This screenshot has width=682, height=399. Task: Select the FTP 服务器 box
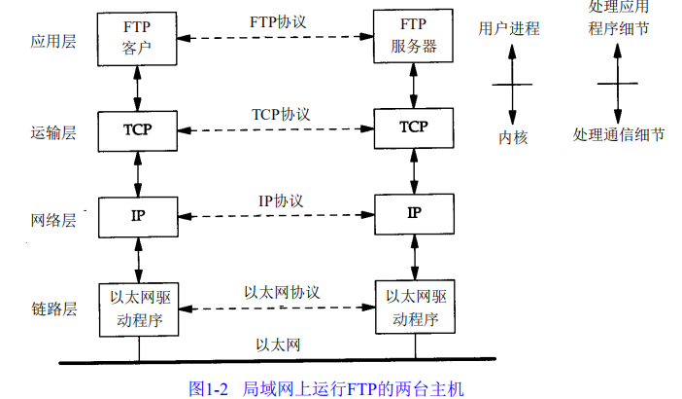[x=415, y=38]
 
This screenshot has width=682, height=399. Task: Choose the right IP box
[x=415, y=212]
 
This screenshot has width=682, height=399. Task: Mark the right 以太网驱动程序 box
[x=415, y=308]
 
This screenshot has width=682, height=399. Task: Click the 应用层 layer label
[x=52, y=44]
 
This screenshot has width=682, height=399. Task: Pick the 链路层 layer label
[x=52, y=308]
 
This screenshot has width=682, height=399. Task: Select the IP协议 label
[x=281, y=199]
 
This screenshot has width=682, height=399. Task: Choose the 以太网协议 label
[x=282, y=291]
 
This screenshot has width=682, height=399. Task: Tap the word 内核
[x=513, y=138]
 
